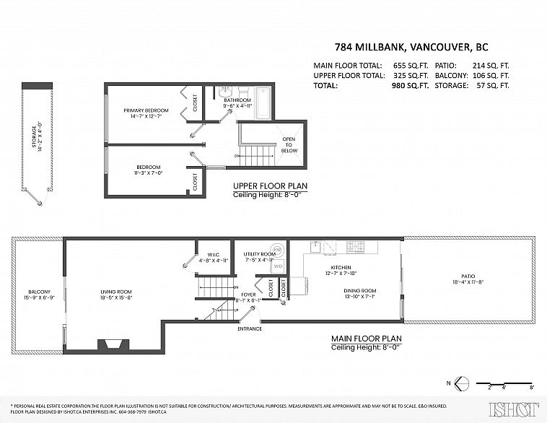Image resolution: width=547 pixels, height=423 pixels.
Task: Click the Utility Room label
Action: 259,254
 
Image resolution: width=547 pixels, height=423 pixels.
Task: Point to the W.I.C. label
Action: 213,255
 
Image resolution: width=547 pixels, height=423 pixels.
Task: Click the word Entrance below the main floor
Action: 250,329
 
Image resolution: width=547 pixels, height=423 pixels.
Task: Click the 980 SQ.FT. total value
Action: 410,84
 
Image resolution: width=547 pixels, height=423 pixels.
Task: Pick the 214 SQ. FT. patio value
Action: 490,65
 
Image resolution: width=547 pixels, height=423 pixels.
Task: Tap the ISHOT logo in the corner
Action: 515,409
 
